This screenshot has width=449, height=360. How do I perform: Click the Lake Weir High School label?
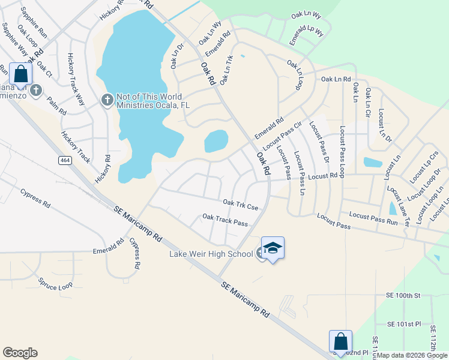[x=211, y=254]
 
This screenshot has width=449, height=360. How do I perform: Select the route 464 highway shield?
[x=65, y=160]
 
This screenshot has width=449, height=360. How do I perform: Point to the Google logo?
[x=20, y=353]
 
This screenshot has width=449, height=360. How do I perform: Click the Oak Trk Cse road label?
[x=240, y=205]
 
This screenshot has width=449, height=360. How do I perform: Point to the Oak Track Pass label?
[x=225, y=220]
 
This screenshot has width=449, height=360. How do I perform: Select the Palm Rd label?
[x=56, y=106]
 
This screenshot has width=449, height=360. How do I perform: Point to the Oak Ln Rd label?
[x=336, y=79]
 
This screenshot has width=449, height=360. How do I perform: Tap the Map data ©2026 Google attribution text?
[x=412, y=355]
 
